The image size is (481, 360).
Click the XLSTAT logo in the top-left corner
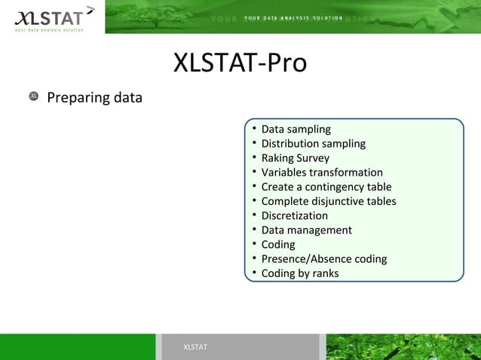point(51,18)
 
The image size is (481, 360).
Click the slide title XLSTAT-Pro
point(240,63)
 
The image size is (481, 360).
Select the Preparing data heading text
point(94,98)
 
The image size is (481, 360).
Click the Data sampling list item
point(296,130)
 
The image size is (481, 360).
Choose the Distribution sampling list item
point(313,144)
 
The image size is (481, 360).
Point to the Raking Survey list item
point(295,158)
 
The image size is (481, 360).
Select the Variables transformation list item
point(322,172)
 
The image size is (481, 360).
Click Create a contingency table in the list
point(326,187)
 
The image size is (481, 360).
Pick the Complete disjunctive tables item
point(328,201)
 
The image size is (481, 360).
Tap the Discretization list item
point(294,215)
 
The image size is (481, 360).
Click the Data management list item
point(306,230)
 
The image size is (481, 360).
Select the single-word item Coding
point(278,245)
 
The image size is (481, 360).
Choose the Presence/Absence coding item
point(323,259)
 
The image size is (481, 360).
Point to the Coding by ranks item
point(299,273)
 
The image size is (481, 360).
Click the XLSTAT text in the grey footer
point(195,346)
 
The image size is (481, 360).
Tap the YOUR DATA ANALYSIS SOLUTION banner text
point(293,18)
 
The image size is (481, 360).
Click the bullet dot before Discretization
point(256,215)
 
